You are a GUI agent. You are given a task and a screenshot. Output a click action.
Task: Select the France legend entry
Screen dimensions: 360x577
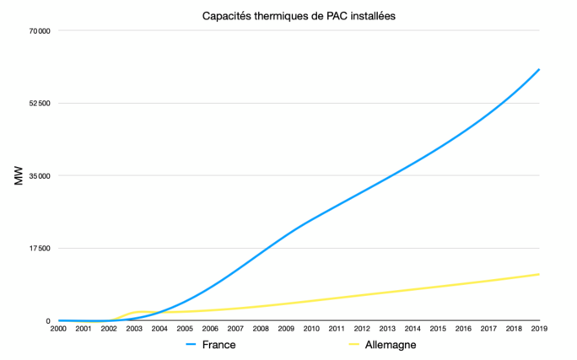218,345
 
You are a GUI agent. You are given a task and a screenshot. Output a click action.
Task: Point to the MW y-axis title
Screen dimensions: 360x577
19,176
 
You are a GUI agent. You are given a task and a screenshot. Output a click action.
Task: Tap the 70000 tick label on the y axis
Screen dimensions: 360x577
40,31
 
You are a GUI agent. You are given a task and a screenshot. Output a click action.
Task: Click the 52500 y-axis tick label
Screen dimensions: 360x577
40,104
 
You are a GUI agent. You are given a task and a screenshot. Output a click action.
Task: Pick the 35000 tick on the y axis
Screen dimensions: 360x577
40,176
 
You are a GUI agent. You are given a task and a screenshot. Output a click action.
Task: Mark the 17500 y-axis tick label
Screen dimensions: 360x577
40,249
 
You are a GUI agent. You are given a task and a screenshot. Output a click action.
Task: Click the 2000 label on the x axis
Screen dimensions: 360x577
58,329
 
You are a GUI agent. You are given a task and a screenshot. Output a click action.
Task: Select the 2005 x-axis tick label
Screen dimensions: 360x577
185,329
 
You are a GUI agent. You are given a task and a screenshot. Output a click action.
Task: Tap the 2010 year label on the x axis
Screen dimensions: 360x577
311,329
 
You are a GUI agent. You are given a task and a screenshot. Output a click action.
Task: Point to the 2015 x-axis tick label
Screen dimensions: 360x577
438,329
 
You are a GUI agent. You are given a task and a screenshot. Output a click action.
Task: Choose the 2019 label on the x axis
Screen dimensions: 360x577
539,329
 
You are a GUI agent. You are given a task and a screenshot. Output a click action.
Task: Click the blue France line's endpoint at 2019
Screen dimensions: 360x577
539,69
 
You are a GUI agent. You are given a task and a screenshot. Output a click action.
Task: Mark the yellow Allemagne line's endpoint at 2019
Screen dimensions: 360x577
539,274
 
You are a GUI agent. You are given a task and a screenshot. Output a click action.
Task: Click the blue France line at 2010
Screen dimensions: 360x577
311,220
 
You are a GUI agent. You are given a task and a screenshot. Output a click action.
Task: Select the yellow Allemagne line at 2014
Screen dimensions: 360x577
413,289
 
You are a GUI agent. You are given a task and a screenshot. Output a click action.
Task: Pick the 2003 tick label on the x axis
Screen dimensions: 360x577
134,329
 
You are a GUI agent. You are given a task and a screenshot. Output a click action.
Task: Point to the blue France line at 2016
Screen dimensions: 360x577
463,132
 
